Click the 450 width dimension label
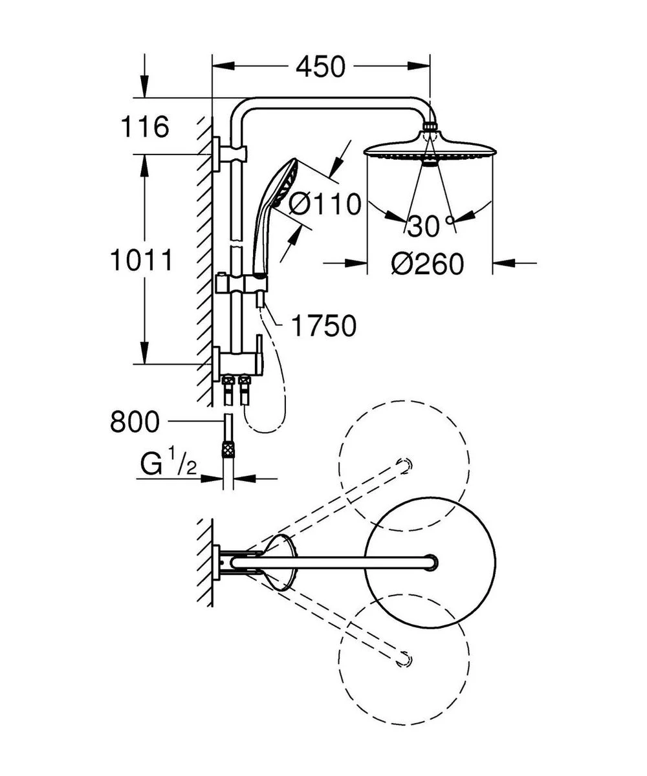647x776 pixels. [x=320, y=66]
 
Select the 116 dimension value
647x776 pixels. [x=145, y=127]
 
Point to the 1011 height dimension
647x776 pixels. [x=141, y=261]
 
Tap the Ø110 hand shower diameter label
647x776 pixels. [x=323, y=204]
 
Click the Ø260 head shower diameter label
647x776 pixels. [x=428, y=264]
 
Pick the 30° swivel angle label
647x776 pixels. [x=430, y=226]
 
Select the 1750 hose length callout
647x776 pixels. [x=323, y=327]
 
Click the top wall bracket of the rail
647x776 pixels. [x=230, y=153]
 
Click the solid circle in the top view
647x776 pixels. [x=430, y=562]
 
